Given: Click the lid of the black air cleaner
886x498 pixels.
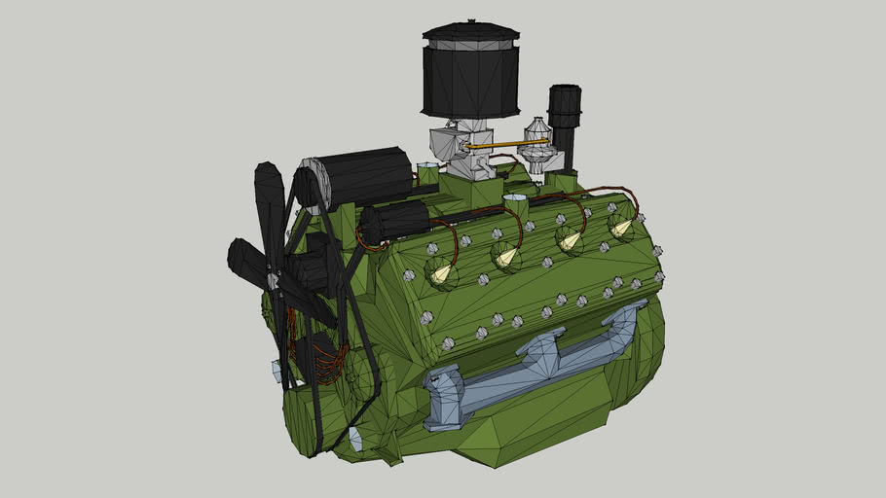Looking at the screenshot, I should (x=470, y=31).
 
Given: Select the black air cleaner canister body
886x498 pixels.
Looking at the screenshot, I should (x=470, y=83).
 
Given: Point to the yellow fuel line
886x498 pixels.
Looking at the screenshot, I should (x=506, y=144).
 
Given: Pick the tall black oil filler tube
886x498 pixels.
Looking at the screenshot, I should (x=564, y=122).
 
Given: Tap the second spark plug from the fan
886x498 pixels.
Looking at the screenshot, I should (x=506, y=257).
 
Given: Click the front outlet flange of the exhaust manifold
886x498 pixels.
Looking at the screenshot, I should (x=443, y=399).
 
